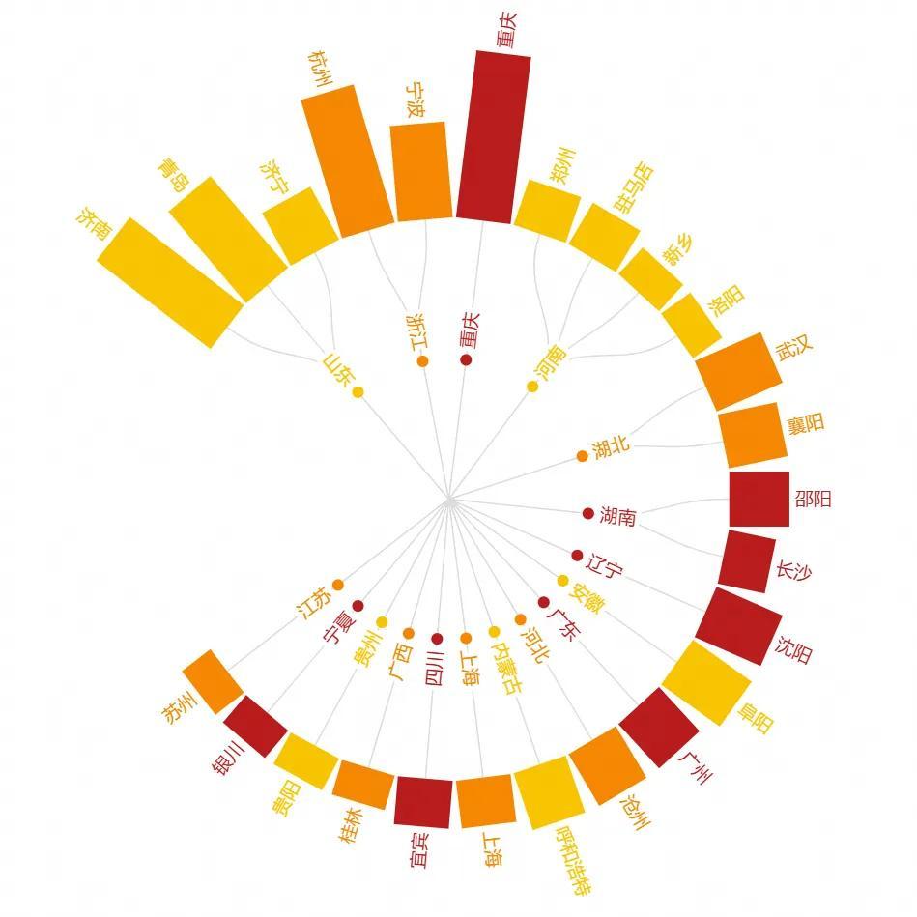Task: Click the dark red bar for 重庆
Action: [x=494, y=137]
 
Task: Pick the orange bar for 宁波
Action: [x=420, y=171]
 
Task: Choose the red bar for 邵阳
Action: [x=759, y=499]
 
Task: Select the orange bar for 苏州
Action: [x=212, y=681]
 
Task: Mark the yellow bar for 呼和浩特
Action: [x=545, y=792]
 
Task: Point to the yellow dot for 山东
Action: [x=358, y=392]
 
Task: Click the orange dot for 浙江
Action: [x=422, y=361]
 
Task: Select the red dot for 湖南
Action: [x=587, y=513]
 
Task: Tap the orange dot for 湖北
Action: [x=582, y=456]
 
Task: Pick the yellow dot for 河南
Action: [x=531, y=387]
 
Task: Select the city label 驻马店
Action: [x=634, y=187]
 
